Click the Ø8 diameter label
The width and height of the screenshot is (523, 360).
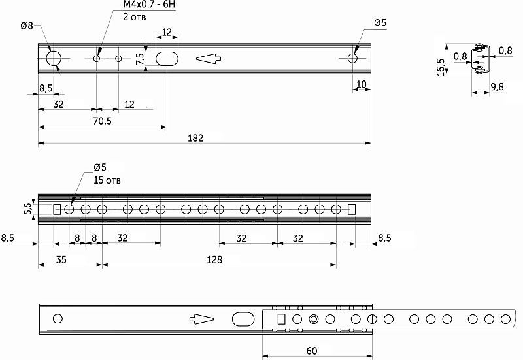[27, 25]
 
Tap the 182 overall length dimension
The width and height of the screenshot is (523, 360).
[195, 138]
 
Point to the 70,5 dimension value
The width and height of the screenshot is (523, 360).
[102, 122]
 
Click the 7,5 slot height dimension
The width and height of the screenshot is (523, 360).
[140, 58]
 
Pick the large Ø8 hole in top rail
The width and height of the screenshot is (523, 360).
[54, 58]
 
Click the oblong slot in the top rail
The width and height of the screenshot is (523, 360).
[167, 58]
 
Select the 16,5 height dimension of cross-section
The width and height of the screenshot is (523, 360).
[441, 67]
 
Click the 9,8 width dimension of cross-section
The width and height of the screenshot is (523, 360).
[497, 87]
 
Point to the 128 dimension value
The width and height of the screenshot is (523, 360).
[214, 259]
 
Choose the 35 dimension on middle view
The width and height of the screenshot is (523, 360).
[61, 259]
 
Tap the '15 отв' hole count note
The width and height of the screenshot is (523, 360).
[108, 180]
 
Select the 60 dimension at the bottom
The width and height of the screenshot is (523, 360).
[311, 352]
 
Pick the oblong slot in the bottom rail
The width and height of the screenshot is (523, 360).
[243, 319]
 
